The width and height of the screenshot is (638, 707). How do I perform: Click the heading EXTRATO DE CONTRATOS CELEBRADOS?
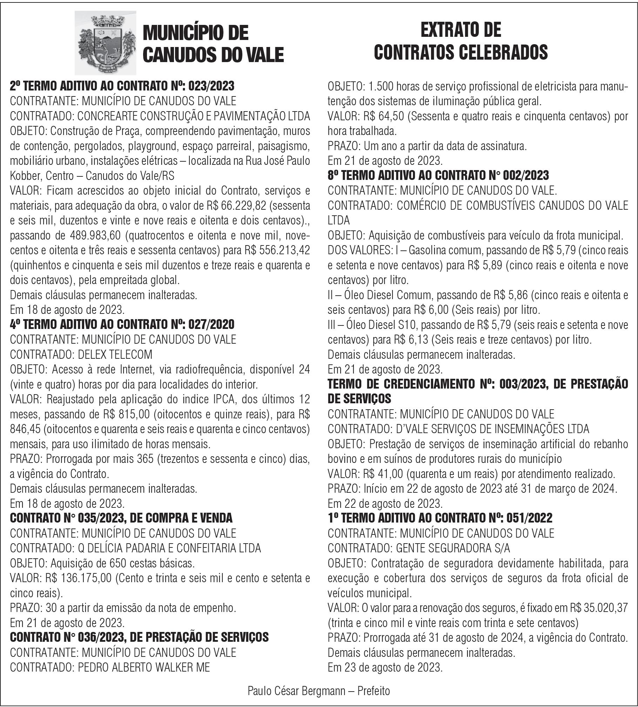click(461, 41)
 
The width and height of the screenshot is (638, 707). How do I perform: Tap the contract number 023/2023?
click(211, 86)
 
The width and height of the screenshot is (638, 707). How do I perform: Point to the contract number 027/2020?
click(211, 324)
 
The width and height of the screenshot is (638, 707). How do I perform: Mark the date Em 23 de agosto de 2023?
click(385, 667)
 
